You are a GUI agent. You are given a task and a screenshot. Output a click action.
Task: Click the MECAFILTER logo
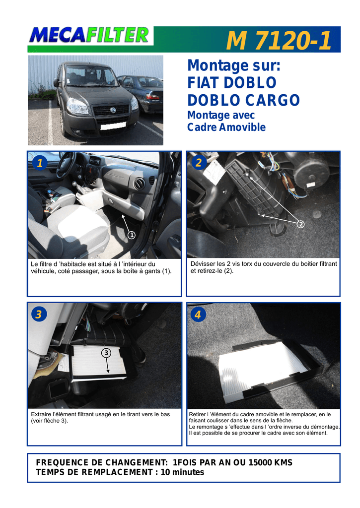(89, 35)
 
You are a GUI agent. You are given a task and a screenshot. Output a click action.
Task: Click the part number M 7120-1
(279, 41)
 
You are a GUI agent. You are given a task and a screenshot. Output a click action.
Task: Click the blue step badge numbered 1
(40, 163)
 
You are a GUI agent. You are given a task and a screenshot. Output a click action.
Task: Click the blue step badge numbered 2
(199, 163)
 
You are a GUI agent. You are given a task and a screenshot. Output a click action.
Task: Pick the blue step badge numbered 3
(39, 314)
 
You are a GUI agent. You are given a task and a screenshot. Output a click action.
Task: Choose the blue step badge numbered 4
(198, 314)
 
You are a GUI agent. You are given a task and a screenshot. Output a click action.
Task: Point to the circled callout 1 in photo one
(132, 235)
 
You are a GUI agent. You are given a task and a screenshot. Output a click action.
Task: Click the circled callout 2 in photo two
(300, 224)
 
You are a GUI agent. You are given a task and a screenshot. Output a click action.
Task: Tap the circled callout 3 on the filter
(106, 353)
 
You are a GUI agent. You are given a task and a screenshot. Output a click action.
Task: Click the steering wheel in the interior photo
(66, 165)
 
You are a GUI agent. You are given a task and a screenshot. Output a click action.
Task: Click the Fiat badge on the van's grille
(113, 110)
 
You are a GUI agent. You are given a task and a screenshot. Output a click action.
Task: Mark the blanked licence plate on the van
(113, 126)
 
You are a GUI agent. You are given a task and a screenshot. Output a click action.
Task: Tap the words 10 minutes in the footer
(182, 472)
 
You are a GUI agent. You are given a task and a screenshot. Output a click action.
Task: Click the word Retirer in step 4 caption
(198, 414)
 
